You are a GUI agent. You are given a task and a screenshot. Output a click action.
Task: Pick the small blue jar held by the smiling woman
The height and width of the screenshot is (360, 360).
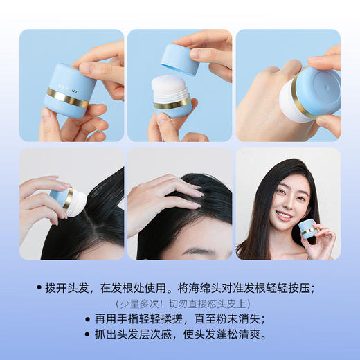[308, 229]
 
